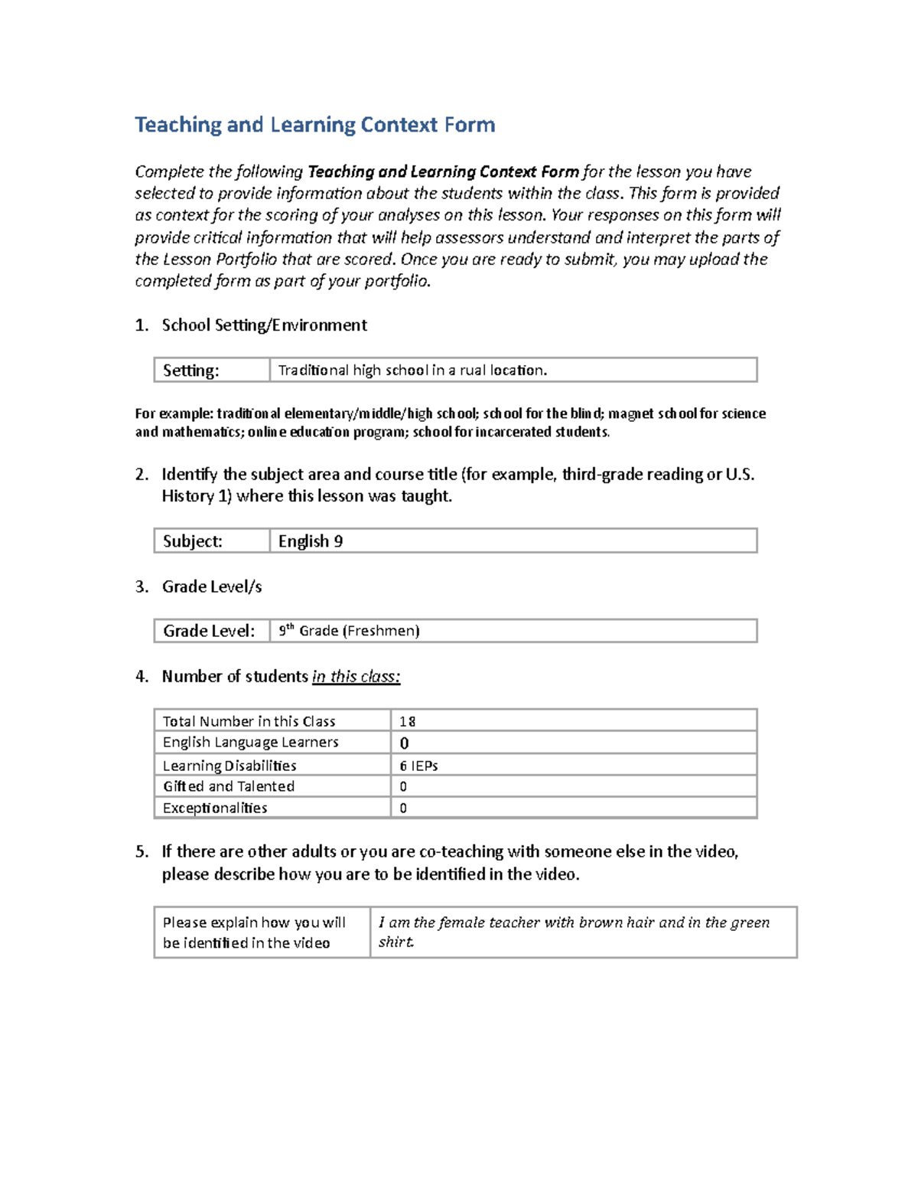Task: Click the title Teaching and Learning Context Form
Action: pyautogui.click(x=314, y=125)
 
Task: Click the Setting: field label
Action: pyautogui.click(x=190, y=371)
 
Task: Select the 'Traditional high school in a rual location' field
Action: pyautogui.click(x=412, y=371)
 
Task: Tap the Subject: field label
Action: pyautogui.click(x=192, y=541)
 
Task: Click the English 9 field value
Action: pyautogui.click(x=310, y=541)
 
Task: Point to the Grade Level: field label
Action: pyautogui.click(x=208, y=631)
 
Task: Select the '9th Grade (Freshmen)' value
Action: pyautogui.click(x=349, y=631)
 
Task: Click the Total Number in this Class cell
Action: pyautogui.click(x=249, y=721)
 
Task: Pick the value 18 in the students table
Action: pyautogui.click(x=407, y=721)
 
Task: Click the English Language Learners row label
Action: pyautogui.click(x=250, y=742)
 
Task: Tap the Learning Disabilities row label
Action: pyautogui.click(x=229, y=766)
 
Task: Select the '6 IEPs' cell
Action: pyautogui.click(x=418, y=766)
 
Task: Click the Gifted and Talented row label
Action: pyautogui.click(x=228, y=786)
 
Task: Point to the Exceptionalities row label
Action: pyautogui.click(x=214, y=808)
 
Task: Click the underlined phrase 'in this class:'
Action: pyautogui.click(x=356, y=677)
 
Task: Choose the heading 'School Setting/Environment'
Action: pyautogui.click(x=264, y=325)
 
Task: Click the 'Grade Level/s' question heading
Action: pyautogui.click(x=211, y=586)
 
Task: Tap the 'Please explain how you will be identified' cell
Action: pyautogui.click(x=254, y=933)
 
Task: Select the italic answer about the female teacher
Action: pyautogui.click(x=574, y=932)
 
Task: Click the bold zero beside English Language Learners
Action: pyautogui.click(x=404, y=743)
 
